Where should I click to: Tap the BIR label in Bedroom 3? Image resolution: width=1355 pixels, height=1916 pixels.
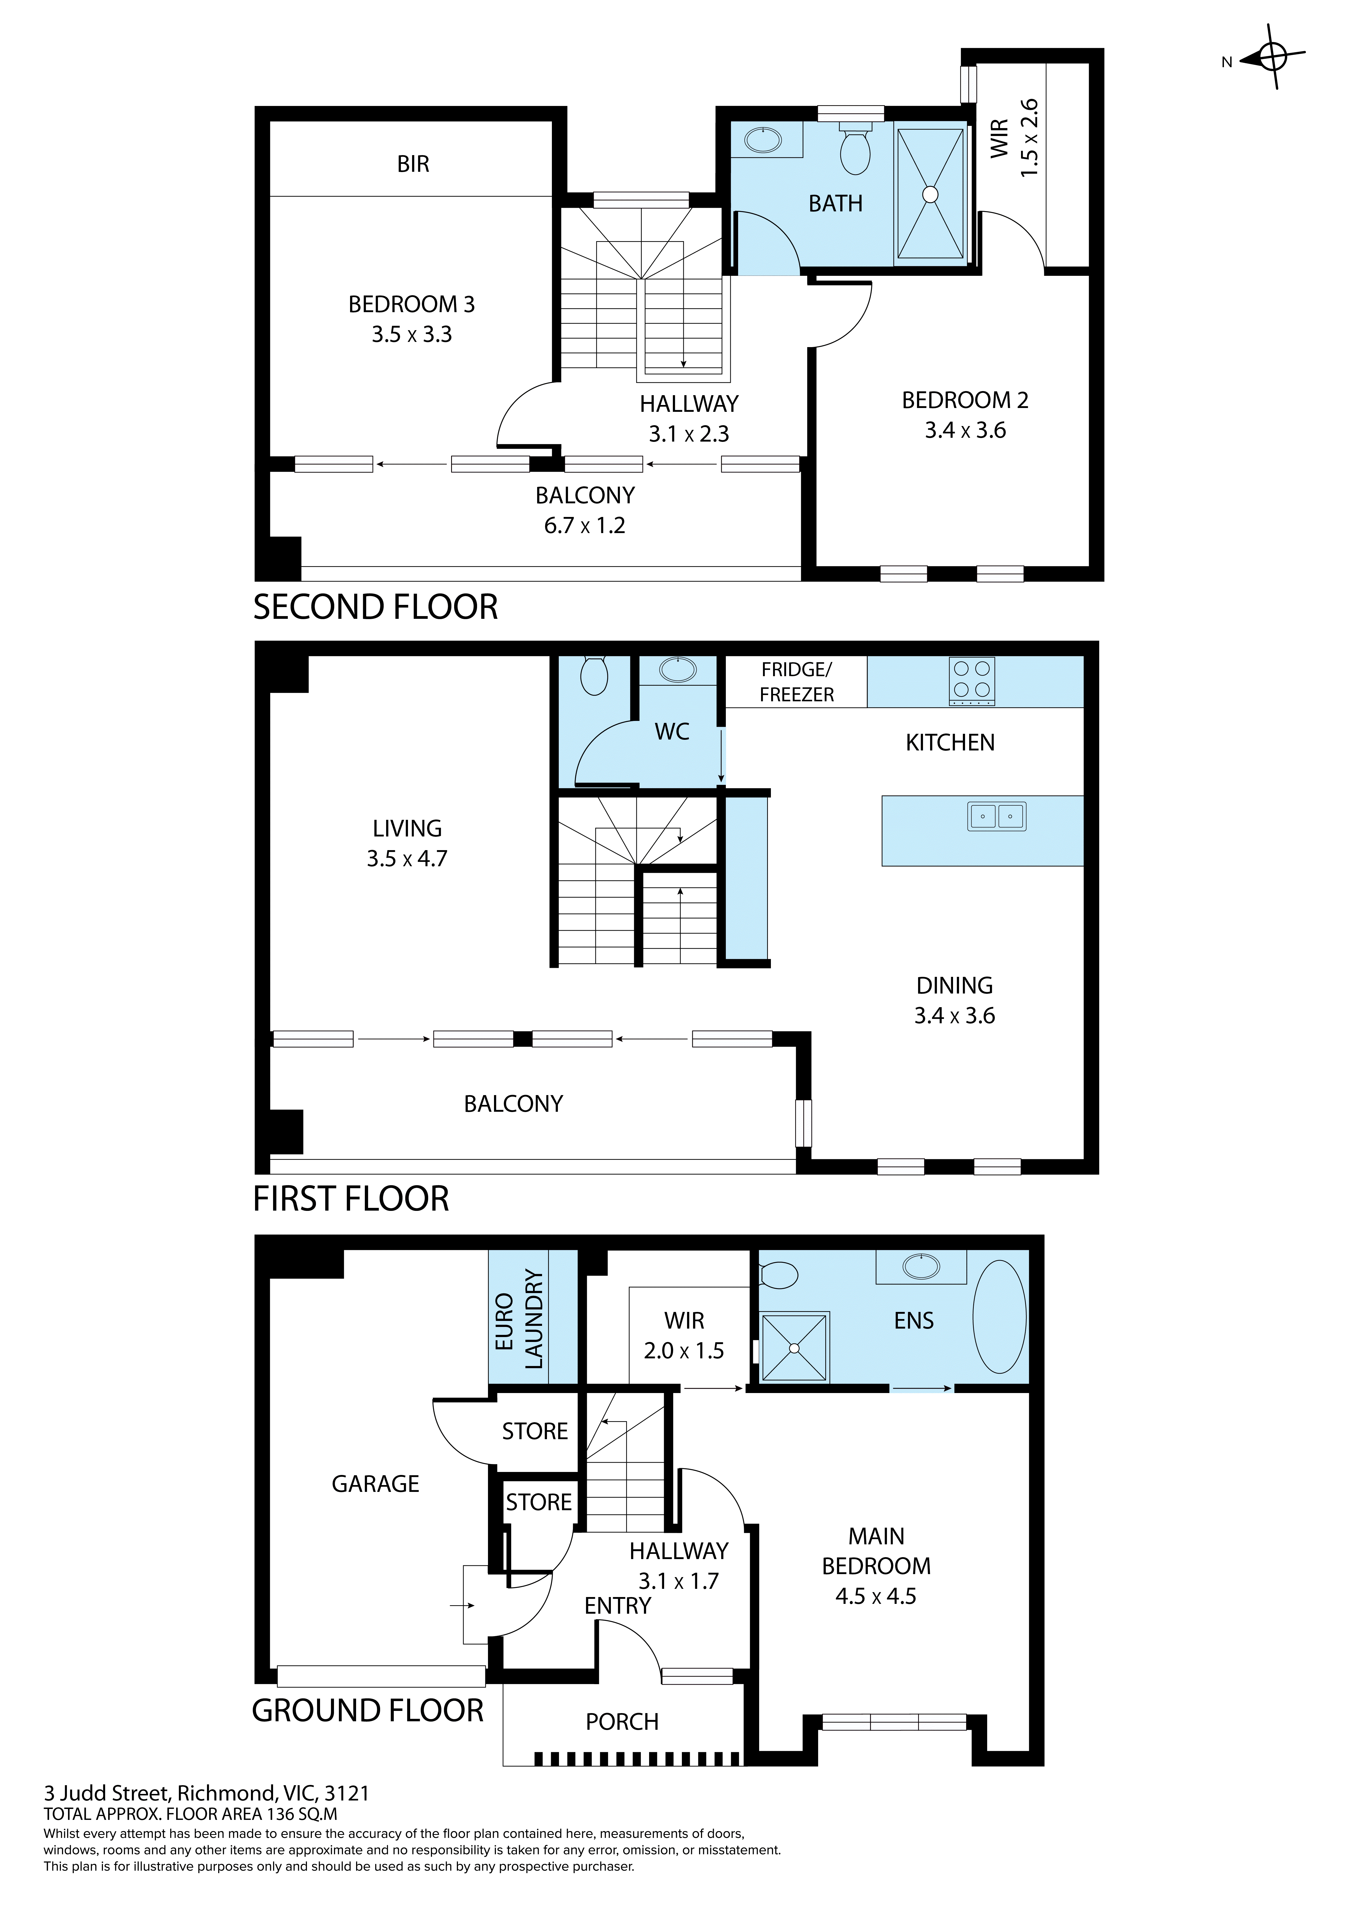tap(413, 164)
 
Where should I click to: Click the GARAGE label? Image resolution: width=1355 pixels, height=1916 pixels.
tap(375, 1484)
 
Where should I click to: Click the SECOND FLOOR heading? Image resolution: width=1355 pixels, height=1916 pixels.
tap(375, 608)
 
